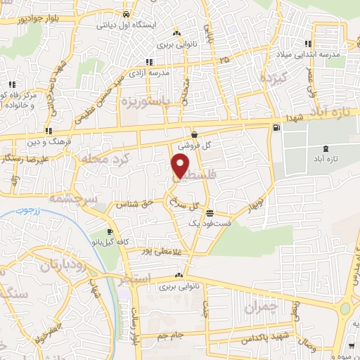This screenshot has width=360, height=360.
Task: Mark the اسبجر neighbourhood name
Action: pos(135,279)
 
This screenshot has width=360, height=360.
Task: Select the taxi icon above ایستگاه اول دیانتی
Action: pos(125,13)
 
